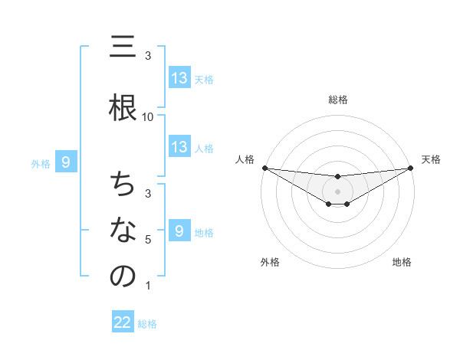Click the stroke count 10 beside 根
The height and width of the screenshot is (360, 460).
point(148,117)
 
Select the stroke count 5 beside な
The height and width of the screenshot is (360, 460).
point(148,240)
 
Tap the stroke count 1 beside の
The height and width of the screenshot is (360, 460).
point(148,286)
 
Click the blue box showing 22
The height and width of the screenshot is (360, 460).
point(123,322)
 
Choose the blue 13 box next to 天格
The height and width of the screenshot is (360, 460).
point(179,77)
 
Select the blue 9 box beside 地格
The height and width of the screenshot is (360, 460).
point(179,231)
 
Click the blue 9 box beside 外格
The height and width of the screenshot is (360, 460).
point(66,162)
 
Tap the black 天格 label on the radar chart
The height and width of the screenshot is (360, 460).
point(431,159)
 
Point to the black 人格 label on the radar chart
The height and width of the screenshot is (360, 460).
point(245,159)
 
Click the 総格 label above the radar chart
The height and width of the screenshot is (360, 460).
point(338,100)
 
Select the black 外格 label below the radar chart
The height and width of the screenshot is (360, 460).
point(270,262)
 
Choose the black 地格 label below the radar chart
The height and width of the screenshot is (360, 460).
point(402,262)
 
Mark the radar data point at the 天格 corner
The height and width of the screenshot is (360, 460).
point(411,168)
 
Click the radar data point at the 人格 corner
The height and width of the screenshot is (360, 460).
point(264,168)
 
